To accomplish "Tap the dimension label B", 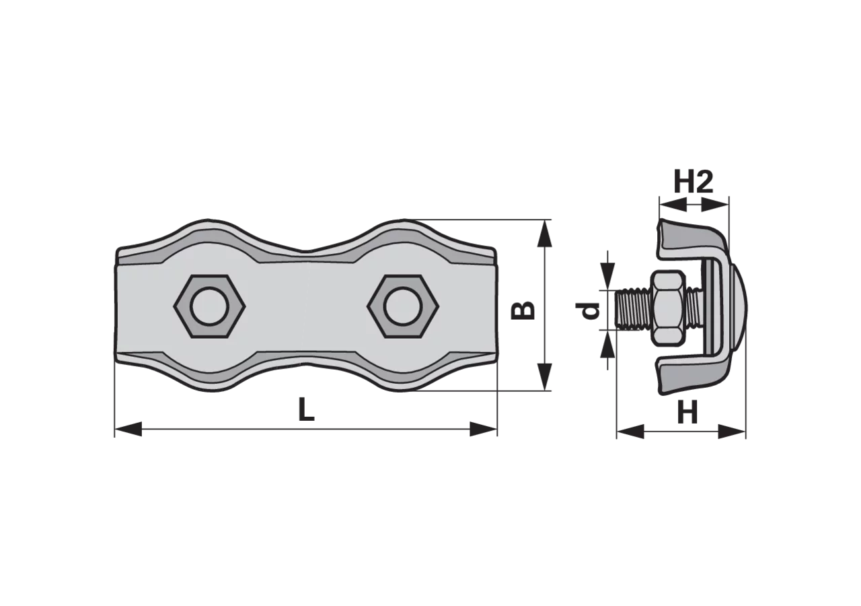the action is [523, 310].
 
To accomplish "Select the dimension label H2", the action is [694, 181].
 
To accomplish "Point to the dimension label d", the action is [587, 311].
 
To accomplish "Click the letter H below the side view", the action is [687, 413].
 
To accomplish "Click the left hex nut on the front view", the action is [209, 306].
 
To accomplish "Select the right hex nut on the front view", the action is [403, 306].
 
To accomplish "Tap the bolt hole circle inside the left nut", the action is [209, 306].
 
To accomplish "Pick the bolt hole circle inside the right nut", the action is [403, 306].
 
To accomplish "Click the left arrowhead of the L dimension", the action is [128, 429].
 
